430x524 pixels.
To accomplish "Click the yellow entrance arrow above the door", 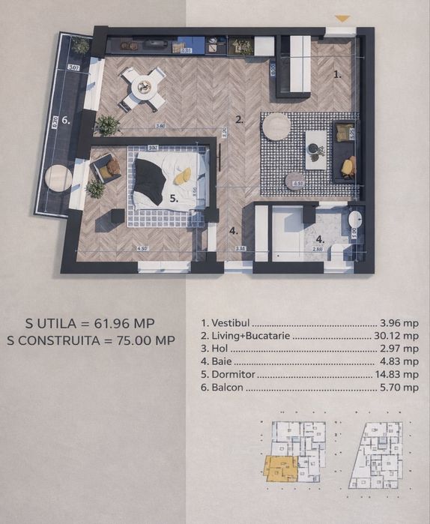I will [342, 18].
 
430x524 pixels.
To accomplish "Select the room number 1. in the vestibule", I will [337, 74].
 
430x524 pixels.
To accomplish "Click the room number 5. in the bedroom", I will [173, 199].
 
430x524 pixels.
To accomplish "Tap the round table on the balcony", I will [58, 177].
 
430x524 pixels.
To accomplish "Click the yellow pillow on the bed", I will [182, 176].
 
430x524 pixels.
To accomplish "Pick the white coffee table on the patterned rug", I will [317, 149].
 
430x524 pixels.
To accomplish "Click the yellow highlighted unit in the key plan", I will [279, 469].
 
